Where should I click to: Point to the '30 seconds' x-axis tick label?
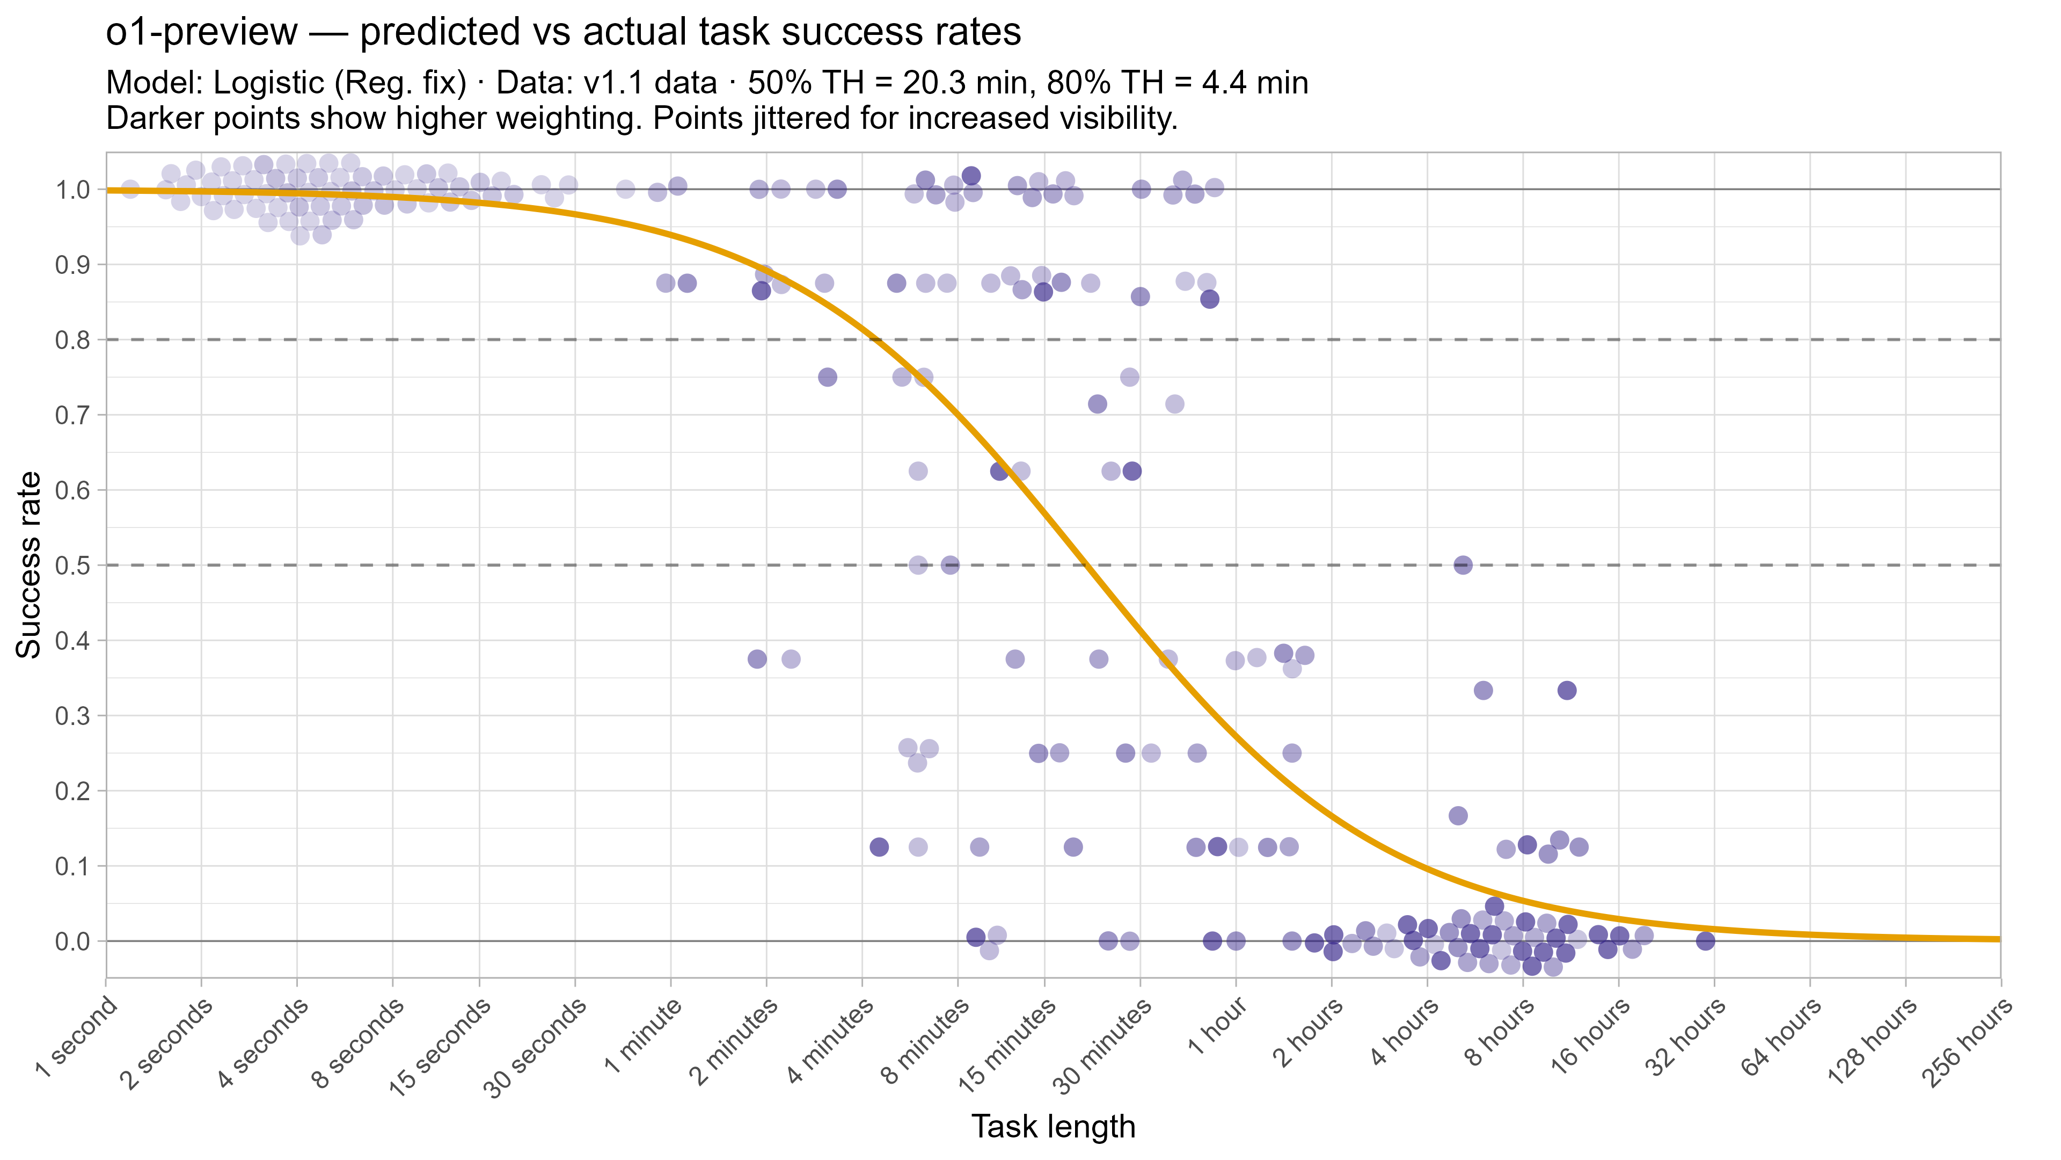535,1049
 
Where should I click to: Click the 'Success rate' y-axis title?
29,565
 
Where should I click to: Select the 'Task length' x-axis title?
1053,1126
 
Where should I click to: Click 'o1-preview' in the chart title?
202,33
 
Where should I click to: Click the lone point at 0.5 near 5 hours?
1463,565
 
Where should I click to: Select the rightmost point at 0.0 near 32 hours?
1706,941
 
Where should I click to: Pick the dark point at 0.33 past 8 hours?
1567,690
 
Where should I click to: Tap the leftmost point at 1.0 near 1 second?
130,190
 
